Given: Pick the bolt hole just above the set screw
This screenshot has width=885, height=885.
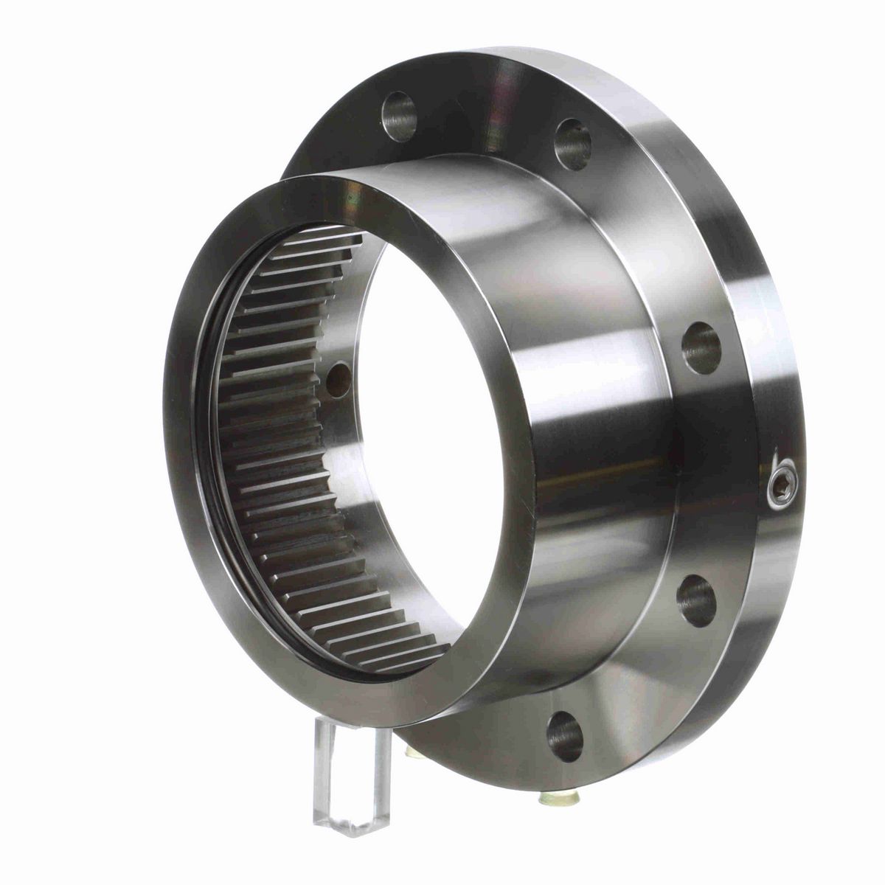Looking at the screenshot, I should point(701,347).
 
